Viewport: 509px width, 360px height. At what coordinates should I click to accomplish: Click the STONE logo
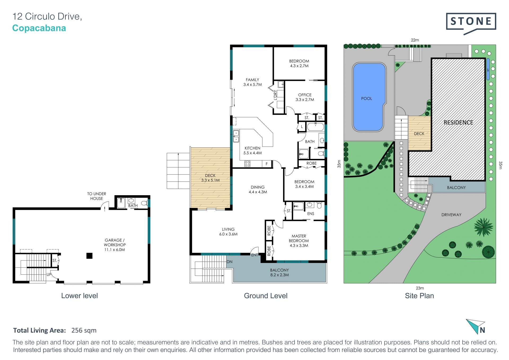pos(471,23)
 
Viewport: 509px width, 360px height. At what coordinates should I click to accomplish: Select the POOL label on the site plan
pos(366,98)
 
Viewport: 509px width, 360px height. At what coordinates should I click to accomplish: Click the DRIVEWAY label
pos(451,215)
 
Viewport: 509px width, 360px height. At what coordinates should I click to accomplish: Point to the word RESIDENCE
pos(458,122)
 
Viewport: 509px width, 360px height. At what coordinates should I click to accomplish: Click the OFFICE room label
pos(305,95)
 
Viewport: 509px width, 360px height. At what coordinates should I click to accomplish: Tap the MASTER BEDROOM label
pos(299,238)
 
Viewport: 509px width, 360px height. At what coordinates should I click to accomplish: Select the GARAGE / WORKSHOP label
pos(115,242)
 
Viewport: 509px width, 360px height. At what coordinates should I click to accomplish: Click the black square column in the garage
pos(89,256)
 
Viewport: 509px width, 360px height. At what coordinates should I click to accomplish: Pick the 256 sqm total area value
pos(84,330)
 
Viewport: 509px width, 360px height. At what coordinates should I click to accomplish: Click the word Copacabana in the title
pos(39,28)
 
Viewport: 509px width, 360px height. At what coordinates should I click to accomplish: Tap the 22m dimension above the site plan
pos(415,40)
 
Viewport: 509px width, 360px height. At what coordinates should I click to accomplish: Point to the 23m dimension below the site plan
pos(420,288)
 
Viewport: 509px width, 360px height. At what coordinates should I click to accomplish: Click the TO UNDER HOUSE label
pos(96,196)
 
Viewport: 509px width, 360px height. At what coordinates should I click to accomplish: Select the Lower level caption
pos(80,296)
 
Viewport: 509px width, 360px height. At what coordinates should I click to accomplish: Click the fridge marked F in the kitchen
pos(267,164)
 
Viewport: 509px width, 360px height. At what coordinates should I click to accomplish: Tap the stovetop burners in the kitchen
pos(247,164)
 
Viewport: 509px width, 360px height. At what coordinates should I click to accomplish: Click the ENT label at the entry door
pos(254,255)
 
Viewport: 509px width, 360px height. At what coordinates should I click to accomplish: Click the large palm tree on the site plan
pos(484,227)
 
